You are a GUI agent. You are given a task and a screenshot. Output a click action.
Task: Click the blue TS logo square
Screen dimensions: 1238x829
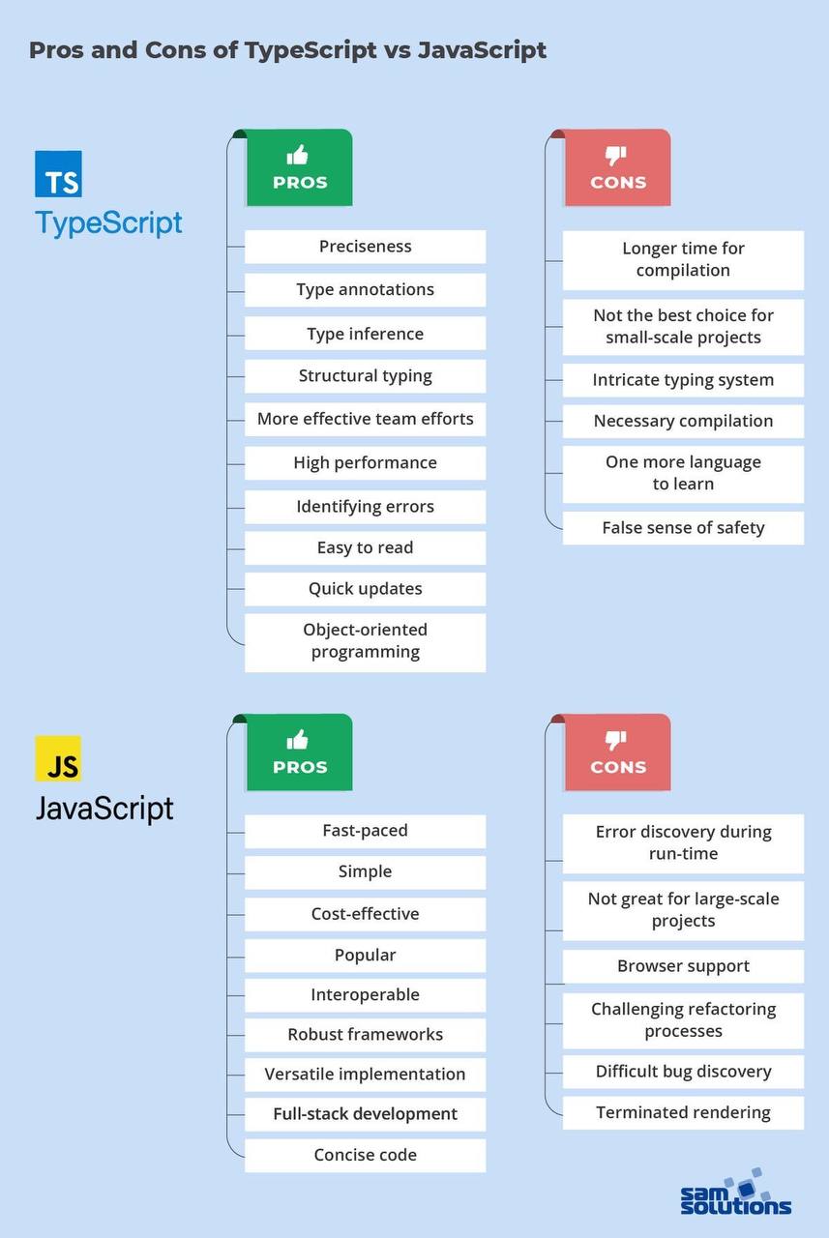coord(58,174)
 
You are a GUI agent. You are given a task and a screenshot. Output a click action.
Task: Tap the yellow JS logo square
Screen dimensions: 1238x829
coord(58,759)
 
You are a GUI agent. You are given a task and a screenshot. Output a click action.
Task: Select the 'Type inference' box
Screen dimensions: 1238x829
coord(365,334)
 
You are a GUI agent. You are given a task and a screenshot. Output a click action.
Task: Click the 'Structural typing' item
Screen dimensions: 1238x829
coord(365,376)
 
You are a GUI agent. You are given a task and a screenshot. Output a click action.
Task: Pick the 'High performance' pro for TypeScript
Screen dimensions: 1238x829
coord(365,462)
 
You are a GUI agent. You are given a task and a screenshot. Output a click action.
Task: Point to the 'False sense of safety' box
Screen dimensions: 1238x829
coord(683,528)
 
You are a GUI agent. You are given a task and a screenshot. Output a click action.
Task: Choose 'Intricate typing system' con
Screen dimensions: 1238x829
coord(683,380)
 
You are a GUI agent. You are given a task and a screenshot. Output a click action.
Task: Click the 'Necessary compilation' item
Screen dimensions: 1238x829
coord(683,421)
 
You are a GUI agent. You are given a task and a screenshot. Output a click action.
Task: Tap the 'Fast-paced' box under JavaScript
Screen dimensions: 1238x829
coord(365,831)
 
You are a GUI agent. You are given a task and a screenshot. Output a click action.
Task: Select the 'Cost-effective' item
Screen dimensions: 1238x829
coord(365,914)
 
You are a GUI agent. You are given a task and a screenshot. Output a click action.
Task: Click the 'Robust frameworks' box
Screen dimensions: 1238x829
coord(365,1035)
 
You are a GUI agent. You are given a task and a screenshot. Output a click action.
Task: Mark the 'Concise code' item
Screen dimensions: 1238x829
coord(365,1155)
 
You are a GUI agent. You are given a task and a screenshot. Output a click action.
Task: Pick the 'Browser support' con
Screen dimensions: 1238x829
coord(683,966)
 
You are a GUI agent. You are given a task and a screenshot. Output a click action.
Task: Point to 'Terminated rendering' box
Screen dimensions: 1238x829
coord(683,1112)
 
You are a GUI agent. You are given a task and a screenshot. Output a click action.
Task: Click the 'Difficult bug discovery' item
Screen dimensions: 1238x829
coord(683,1072)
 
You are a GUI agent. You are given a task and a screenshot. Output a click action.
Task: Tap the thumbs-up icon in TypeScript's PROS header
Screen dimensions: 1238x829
coord(298,155)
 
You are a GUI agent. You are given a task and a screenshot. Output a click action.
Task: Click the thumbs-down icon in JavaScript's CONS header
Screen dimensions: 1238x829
coord(616,740)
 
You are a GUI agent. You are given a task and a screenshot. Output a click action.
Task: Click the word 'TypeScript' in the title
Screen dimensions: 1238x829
coord(311,50)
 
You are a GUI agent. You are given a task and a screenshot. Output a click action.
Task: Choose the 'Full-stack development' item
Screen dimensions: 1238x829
coord(365,1114)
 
